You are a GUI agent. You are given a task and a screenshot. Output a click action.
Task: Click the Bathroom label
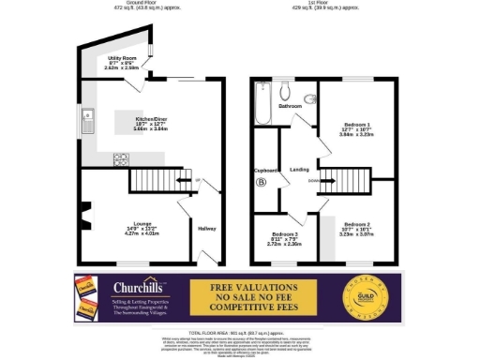(x=290, y=107)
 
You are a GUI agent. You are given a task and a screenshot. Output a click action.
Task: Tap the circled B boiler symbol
(x=262, y=182)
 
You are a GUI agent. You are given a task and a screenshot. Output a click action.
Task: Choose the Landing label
(x=299, y=169)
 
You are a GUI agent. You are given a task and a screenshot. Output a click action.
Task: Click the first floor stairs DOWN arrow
(x=326, y=180)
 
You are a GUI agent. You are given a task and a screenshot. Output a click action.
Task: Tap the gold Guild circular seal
(x=369, y=297)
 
